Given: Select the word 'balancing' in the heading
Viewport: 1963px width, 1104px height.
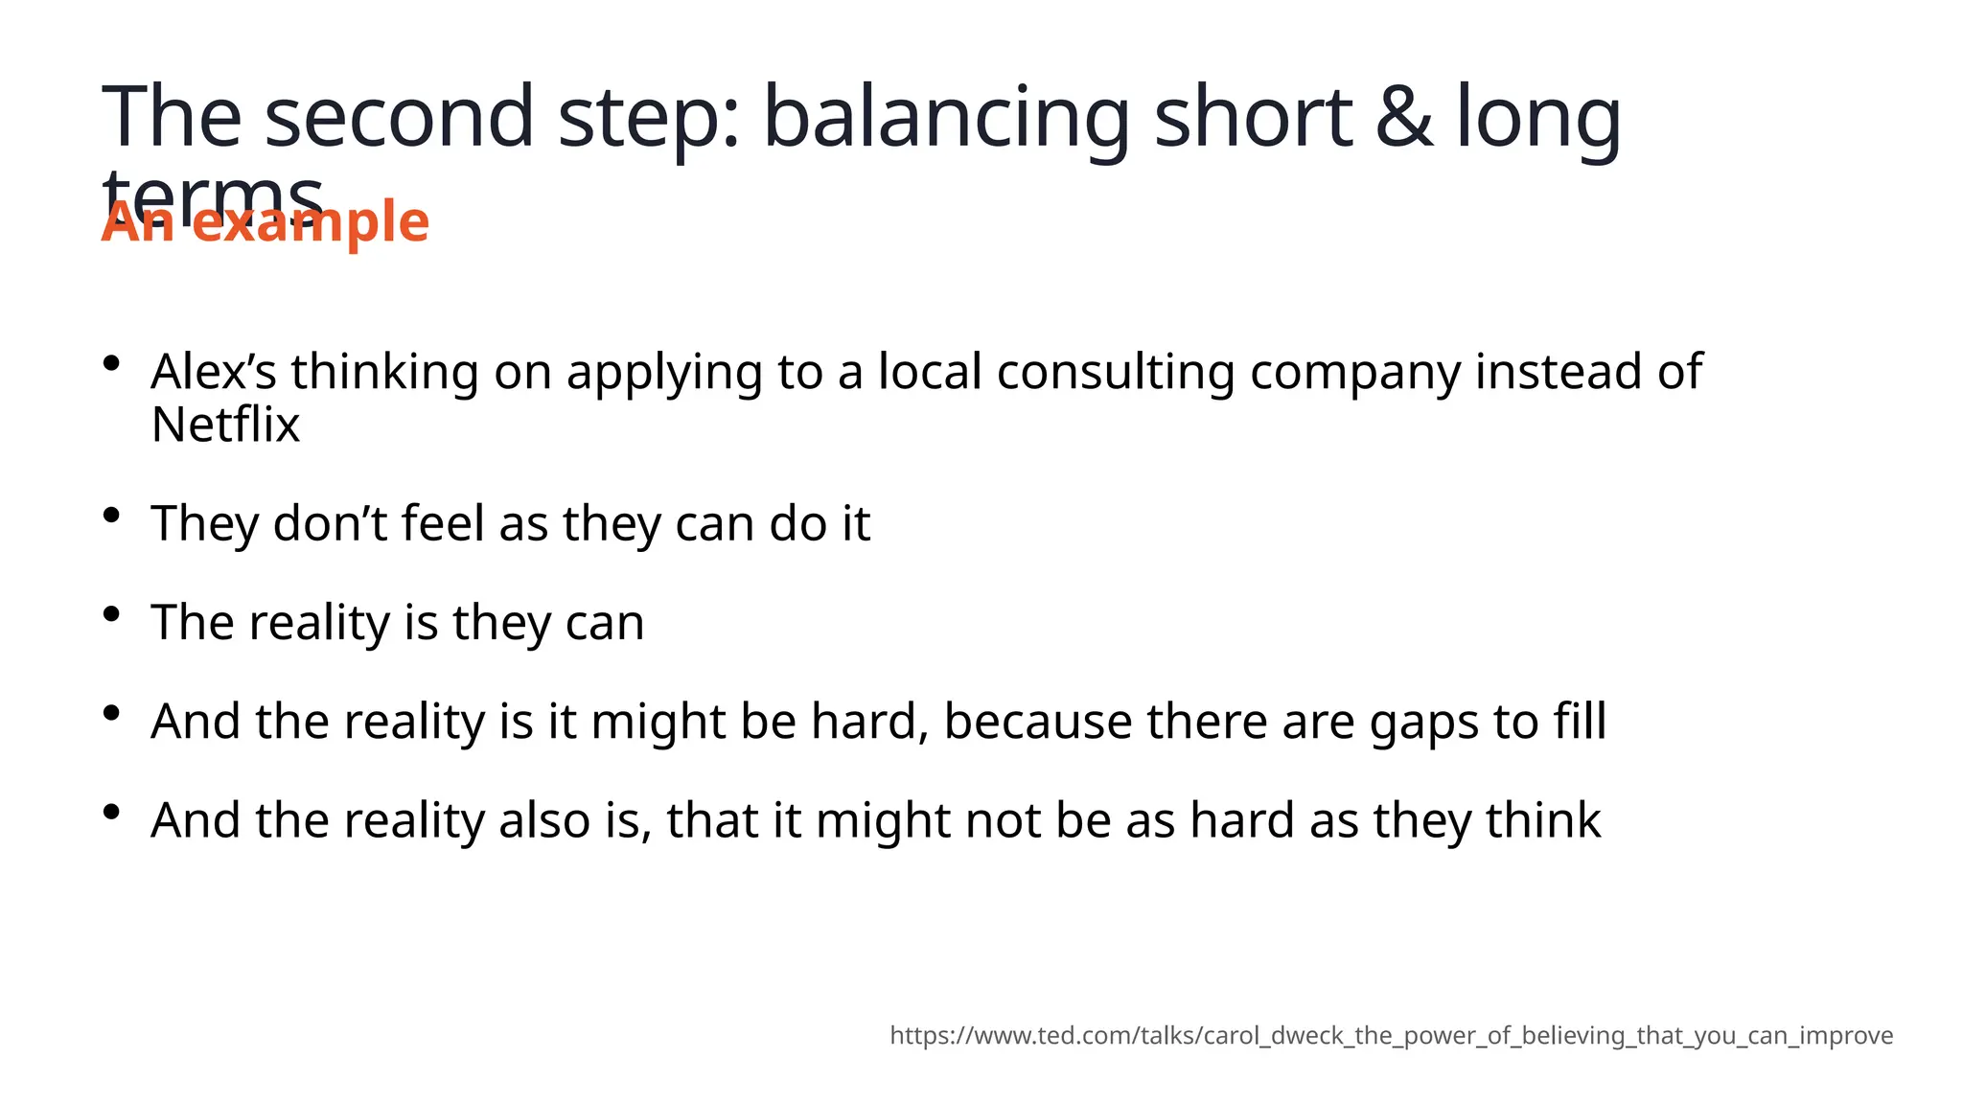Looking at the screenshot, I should [946, 119].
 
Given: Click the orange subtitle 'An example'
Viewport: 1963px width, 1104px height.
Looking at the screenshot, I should [266, 222].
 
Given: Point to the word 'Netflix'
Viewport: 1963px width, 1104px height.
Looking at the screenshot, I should [225, 424].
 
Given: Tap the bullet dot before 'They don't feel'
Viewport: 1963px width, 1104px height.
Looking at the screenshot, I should [112, 515].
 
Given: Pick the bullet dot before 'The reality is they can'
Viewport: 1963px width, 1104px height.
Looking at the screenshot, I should [112, 613].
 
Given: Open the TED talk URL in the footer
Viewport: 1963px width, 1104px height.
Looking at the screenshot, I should [1391, 1036].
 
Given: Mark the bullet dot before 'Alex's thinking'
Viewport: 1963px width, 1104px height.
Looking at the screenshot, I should [112, 363].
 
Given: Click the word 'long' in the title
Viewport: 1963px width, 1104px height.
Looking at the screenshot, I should [1538, 119].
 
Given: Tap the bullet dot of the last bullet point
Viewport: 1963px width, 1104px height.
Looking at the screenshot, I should [112, 812].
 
